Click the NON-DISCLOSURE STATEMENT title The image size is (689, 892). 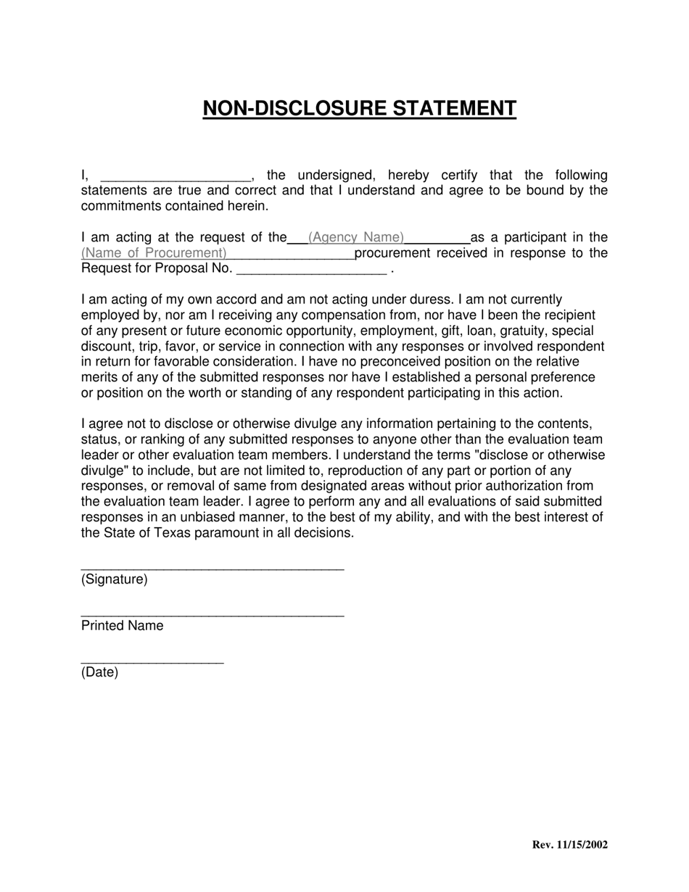click(359, 108)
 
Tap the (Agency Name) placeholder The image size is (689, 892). click(356, 237)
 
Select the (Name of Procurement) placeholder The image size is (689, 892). click(154, 253)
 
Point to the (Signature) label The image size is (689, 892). click(114, 579)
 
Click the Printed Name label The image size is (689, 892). click(122, 626)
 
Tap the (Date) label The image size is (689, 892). click(99, 672)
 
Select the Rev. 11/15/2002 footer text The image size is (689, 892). click(569, 845)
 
